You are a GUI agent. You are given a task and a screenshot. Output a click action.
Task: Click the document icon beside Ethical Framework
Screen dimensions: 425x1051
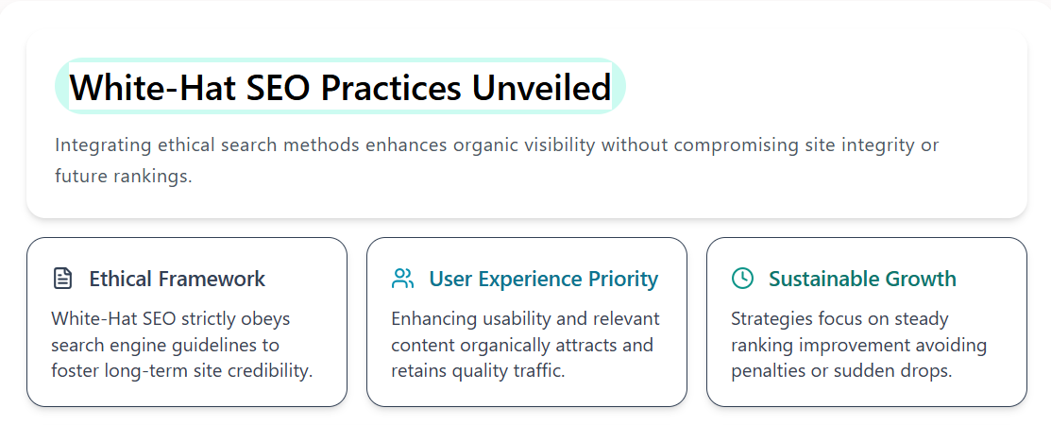coord(62,279)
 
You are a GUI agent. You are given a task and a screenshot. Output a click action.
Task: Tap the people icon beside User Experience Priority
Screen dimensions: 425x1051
coord(403,279)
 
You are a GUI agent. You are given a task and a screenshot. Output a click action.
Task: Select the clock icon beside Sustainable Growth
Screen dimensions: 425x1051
coord(743,279)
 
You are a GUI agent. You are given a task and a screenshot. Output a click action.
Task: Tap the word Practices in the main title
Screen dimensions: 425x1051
coord(392,88)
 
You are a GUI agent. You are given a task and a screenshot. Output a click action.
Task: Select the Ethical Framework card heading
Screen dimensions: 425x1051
coord(177,280)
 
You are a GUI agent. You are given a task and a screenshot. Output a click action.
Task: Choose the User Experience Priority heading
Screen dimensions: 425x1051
coord(543,280)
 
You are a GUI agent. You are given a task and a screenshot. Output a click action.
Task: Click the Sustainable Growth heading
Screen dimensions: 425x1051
coord(862,280)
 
